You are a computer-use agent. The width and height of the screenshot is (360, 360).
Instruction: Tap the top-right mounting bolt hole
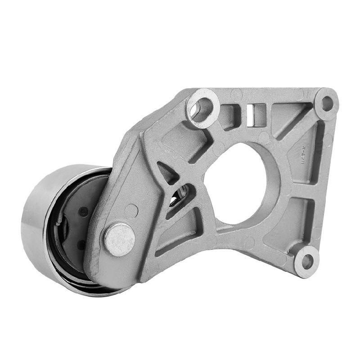327,103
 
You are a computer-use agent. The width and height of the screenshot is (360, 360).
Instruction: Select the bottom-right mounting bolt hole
307,261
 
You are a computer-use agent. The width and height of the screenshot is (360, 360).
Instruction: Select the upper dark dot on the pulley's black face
83,211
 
